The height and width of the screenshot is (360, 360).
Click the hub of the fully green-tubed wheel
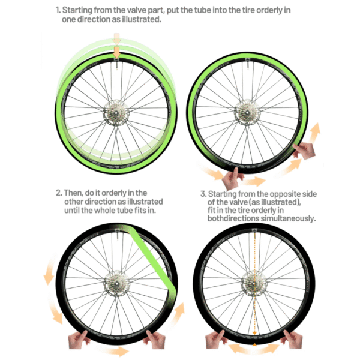[116, 113]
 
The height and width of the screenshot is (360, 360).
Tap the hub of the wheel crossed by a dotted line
[254, 284]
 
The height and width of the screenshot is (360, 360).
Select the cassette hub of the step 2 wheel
[116, 283]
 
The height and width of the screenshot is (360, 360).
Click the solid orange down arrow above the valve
[116, 53]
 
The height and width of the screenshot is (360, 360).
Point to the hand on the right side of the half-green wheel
[304, 151]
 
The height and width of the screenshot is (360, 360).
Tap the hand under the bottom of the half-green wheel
[232, 178]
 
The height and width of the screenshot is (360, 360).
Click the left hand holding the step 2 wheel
[79, 340]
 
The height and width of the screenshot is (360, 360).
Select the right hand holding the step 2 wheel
[155, 340]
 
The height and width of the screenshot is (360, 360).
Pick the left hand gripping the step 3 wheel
[216, 340]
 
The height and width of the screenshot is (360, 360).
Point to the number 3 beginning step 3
[203, 194]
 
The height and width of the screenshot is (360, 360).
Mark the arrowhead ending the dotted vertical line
[254, 333]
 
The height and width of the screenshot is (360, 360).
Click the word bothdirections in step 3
[233, 218]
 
